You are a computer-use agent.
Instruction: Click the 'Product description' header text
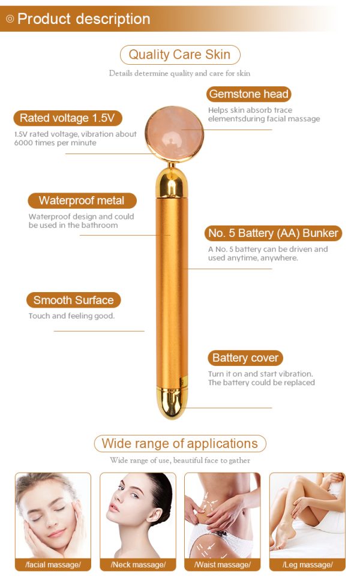point(83,19)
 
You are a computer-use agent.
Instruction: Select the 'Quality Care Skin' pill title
point(179,55)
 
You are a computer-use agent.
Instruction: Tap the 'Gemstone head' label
point(248,94)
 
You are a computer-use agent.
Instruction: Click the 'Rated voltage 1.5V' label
point(67,118)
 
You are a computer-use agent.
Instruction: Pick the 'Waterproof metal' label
point(82,200)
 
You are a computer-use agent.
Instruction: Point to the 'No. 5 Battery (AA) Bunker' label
point(273,233)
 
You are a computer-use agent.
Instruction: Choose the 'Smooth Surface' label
point(74,300)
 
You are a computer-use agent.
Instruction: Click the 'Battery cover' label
point(245,357)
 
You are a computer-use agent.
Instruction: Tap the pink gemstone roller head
point(174,134)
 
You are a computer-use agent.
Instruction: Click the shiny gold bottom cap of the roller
point(172,402)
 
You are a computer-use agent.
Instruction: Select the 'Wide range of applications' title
point(179,443)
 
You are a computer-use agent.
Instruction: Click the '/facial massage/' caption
point(53,564)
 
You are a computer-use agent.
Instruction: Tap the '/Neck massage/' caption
point(138,564)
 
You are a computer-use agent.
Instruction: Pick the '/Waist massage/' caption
point(223,564)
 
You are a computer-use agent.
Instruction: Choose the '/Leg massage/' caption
point(308,564)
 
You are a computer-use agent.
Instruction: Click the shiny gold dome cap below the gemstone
point(172,182)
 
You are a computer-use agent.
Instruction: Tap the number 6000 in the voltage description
point(23,143)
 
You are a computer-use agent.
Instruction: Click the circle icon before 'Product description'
point(10,19)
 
